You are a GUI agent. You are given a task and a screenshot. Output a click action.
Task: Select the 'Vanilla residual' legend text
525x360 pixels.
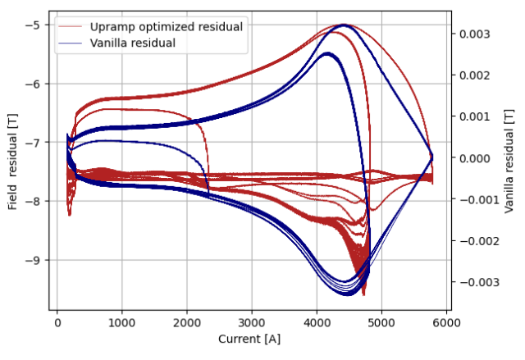(133, 43)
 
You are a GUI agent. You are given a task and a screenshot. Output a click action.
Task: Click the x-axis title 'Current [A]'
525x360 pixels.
(251, 338)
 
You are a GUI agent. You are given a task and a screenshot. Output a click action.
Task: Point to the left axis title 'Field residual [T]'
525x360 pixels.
(12, 163)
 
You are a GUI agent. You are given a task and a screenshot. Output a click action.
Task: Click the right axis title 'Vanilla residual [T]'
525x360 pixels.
(511, 163)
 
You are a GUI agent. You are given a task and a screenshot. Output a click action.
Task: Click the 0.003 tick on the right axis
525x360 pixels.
(475, 34)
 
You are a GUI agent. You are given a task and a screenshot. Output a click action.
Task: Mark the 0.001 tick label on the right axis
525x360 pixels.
(475, 116)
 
